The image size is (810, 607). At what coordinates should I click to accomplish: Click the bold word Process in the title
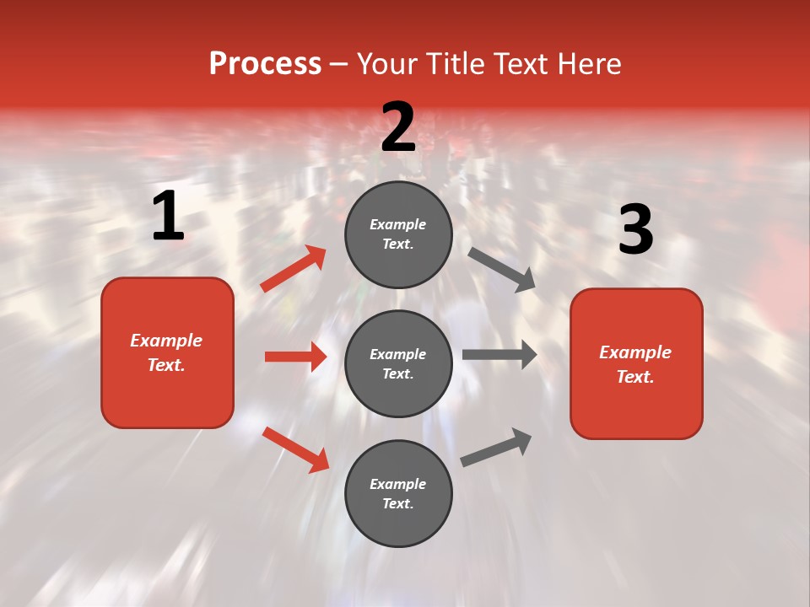pyautogui.click(x=265, y=64)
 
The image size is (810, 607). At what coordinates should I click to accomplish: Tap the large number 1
pyautogui.click(x=168, y=217)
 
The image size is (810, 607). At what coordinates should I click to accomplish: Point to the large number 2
pyautogui.click(x=398, y=127)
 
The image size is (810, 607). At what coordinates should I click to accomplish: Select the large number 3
pyautogui.click(x=636, y=230)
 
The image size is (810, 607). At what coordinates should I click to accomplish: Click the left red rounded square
pyautogui.click(x=167, y=352)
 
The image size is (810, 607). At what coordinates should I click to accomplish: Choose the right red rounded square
pyautogui.click(x=636, y=363)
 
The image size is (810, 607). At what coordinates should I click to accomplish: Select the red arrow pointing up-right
pyautogui.click(x=294, y=268)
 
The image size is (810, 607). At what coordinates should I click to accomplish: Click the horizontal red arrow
pyautogui.click(x=295, y=357)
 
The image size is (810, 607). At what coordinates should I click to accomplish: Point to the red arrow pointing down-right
pyautogui.click(x=295, y=449)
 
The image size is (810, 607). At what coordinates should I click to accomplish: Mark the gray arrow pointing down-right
pyautogui.click(x=502, y=270)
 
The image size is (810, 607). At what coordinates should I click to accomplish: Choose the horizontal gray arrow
pyautogui.click(x=499, y=355)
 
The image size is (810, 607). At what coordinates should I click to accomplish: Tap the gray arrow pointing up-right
pyautogui.click(x=496, y=448)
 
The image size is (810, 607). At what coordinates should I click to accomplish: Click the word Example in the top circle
pyautogui.click(x=398, y=224)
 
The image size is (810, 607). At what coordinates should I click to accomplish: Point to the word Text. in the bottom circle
pyautogui.click(x=398, y=503)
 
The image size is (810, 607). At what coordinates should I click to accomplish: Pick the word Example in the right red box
pyautogui.click(x=635, y=352)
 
